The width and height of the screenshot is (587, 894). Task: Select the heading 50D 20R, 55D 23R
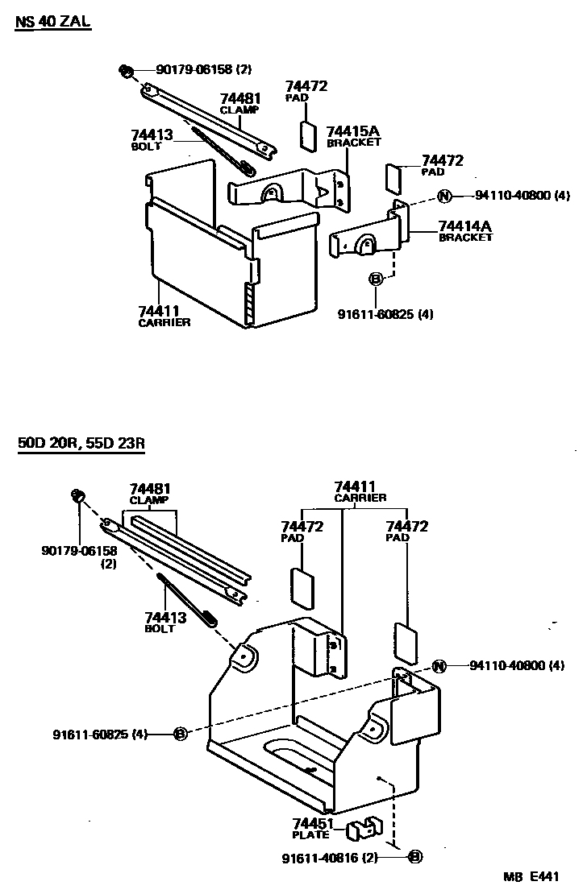coord(81,444)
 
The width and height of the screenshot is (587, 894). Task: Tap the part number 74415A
coord(352,131)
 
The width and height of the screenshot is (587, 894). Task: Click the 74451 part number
coord(314,823)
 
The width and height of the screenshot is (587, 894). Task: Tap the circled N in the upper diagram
coord(444,196)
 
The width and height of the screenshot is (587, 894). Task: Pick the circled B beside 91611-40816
coord(415,857)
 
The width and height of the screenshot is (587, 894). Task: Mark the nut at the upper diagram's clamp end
coord(126,72)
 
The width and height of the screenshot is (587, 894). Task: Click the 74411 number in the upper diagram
coord(158,311)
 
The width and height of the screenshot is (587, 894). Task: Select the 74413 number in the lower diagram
coord(166,618)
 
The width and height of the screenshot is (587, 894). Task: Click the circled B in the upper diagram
coord(375,279)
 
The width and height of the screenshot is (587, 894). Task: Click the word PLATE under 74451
coord(310,835)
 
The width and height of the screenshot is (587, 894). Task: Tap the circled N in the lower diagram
coord(439,665)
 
